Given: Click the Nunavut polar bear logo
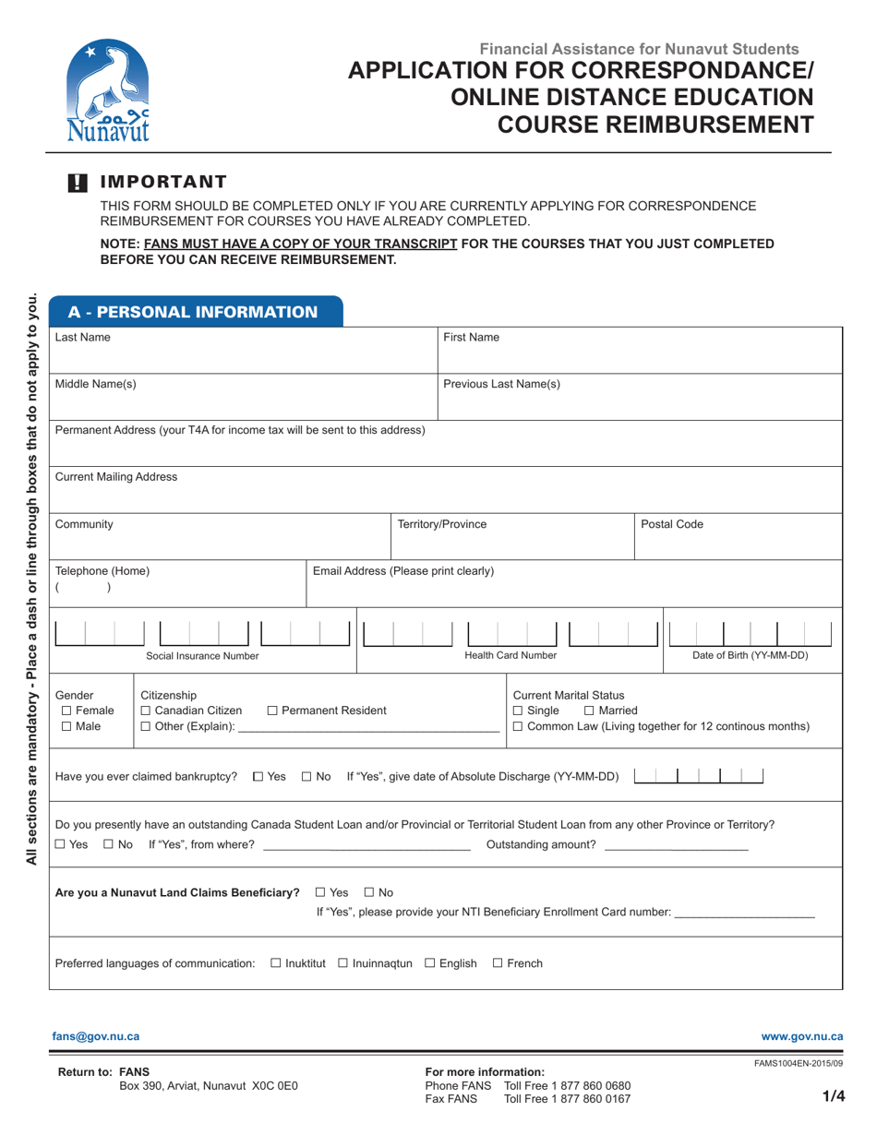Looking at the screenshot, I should pyautogui.click(x=109, y=90).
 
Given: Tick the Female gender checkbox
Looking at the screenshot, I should pyautogui.click(x=66, y=711).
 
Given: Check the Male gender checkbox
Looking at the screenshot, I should pyautogui.click(x=66, y=727).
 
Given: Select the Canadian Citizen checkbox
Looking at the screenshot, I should pyautogui.click(x=146, y=711).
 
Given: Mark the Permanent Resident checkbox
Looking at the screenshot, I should pyautogui.click(x=272, y=711).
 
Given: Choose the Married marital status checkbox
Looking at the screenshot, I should pyautogui.click(x=590, y=711).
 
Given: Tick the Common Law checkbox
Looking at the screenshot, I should pyautogui.click(x=518, y=727).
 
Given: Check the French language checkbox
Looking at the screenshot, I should pyautogui.click(x=498, y=963).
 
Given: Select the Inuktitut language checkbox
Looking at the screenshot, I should pyautogui.click(x=276, y=963).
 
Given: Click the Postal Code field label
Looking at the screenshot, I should pyautogui.click(x=672, y=524).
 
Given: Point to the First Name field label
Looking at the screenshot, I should pyautogui.click(x=471, y=338).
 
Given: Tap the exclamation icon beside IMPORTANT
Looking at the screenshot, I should pyautogui.click(x=78, y=183).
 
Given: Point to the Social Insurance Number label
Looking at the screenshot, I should pyautogui.click(x=202, y=656).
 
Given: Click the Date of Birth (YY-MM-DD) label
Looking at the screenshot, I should pyautogui.click(x=750, y=656).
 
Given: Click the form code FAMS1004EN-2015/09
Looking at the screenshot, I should pyautogui.click(x=798, y=1064).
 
